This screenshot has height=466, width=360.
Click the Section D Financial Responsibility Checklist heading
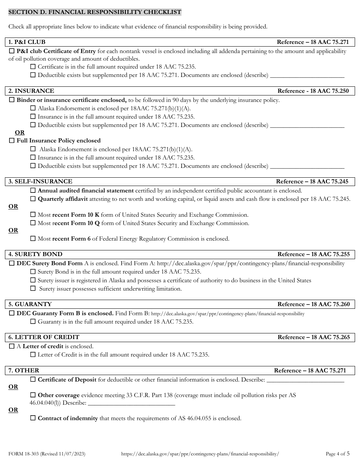95,13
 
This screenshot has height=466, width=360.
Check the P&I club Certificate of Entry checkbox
11,51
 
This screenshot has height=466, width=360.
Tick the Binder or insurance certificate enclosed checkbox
11,100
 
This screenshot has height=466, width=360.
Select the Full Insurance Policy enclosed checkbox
11,141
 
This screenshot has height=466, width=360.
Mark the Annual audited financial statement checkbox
33,191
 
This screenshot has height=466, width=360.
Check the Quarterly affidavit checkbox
33,199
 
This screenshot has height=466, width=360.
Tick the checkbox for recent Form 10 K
33,215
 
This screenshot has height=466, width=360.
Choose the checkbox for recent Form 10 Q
33,223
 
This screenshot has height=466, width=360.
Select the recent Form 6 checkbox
33,239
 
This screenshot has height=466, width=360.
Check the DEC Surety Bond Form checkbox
11,263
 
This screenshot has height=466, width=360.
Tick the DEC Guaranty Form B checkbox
11,313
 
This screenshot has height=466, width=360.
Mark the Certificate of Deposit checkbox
33,379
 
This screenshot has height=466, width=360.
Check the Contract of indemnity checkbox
33,418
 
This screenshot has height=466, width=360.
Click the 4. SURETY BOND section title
35,254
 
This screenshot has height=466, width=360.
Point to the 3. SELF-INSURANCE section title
40,181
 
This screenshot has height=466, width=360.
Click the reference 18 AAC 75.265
314,337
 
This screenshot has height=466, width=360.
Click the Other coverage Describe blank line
131,403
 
